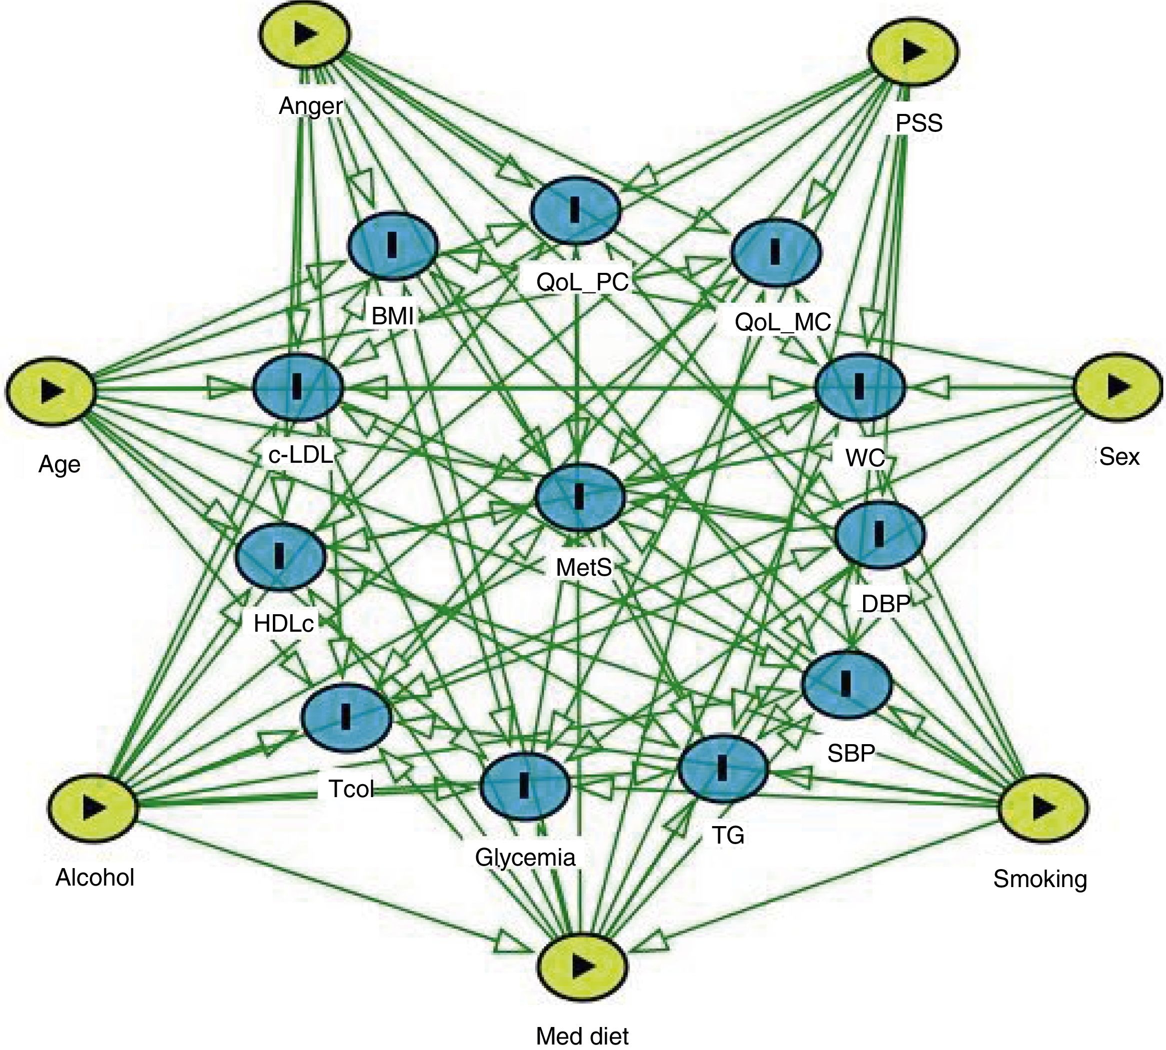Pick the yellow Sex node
click(1118, 388)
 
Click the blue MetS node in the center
click(580, 497)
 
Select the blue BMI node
click(393, 245)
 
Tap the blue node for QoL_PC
click(575, 209)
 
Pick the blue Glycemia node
click(524, 786)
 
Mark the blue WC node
click(860, 386)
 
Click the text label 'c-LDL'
click(300, 455)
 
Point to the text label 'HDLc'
click(284, 624)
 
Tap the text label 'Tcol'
click(351, 789)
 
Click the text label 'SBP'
click(851, 753)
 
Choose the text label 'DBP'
click(886, 603)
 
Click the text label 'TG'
click(728, 835)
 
